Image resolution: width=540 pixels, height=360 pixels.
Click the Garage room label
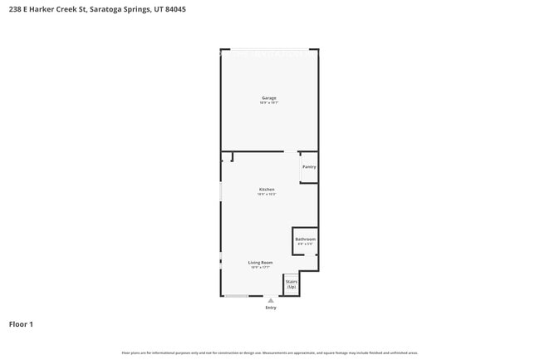(268, 98)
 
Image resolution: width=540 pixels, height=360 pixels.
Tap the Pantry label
(309, 167)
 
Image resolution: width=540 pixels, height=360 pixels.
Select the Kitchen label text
(267, 190)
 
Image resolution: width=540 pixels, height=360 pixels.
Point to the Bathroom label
(305, 239)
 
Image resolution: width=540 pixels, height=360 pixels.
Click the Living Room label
(261, 263)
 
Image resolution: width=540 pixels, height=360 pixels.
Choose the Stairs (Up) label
(292, 284)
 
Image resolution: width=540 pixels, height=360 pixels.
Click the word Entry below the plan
(271, 308)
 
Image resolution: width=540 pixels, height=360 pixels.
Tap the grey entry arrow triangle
(271, 300)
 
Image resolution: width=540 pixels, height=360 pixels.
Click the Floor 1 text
(21, 324)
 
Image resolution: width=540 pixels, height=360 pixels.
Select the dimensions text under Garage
(268, 103)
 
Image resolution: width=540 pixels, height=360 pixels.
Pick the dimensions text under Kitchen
(267, 195)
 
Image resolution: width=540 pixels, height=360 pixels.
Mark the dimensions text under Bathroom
(305, 244)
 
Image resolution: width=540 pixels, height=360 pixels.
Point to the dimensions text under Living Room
(261, 268)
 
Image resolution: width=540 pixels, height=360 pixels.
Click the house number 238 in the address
(15, 9)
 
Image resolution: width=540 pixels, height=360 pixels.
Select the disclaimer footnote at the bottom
(270, 353)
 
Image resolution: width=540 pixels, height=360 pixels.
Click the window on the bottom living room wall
(237, 296)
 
